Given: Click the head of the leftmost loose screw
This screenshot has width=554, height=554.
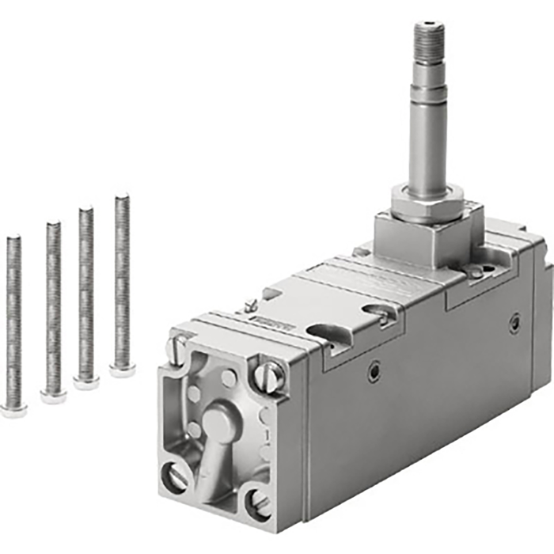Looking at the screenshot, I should pyautogui.click(x=13, y=409).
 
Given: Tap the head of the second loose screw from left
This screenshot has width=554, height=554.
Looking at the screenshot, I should pyautogui.click(x=53, y=395).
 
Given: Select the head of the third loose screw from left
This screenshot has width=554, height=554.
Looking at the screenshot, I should pyautogui.click(x=86, y=381).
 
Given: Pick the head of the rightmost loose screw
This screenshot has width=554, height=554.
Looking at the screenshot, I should pyautogui.click(x=121, y=369).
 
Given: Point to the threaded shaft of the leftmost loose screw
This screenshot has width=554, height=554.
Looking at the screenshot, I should pyautogui.click(x=13, y=317).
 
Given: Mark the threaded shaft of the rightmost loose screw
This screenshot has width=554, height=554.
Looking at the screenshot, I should pyautogui.click(x=121, y=277).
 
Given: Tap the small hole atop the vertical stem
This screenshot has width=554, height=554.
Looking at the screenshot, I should pyautogui.click(x=429, y=24).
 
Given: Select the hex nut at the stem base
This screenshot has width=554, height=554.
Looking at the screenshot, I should pyautogui.click(x=428, y=202).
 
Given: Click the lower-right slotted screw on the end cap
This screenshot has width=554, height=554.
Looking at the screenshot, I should pyautogui.click(x=258, y=501).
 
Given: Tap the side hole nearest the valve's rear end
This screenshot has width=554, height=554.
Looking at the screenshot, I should pyautogui.click(x=515, y=322).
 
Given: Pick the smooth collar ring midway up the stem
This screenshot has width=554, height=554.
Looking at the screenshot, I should pyautogui.click(x=428, y=95).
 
